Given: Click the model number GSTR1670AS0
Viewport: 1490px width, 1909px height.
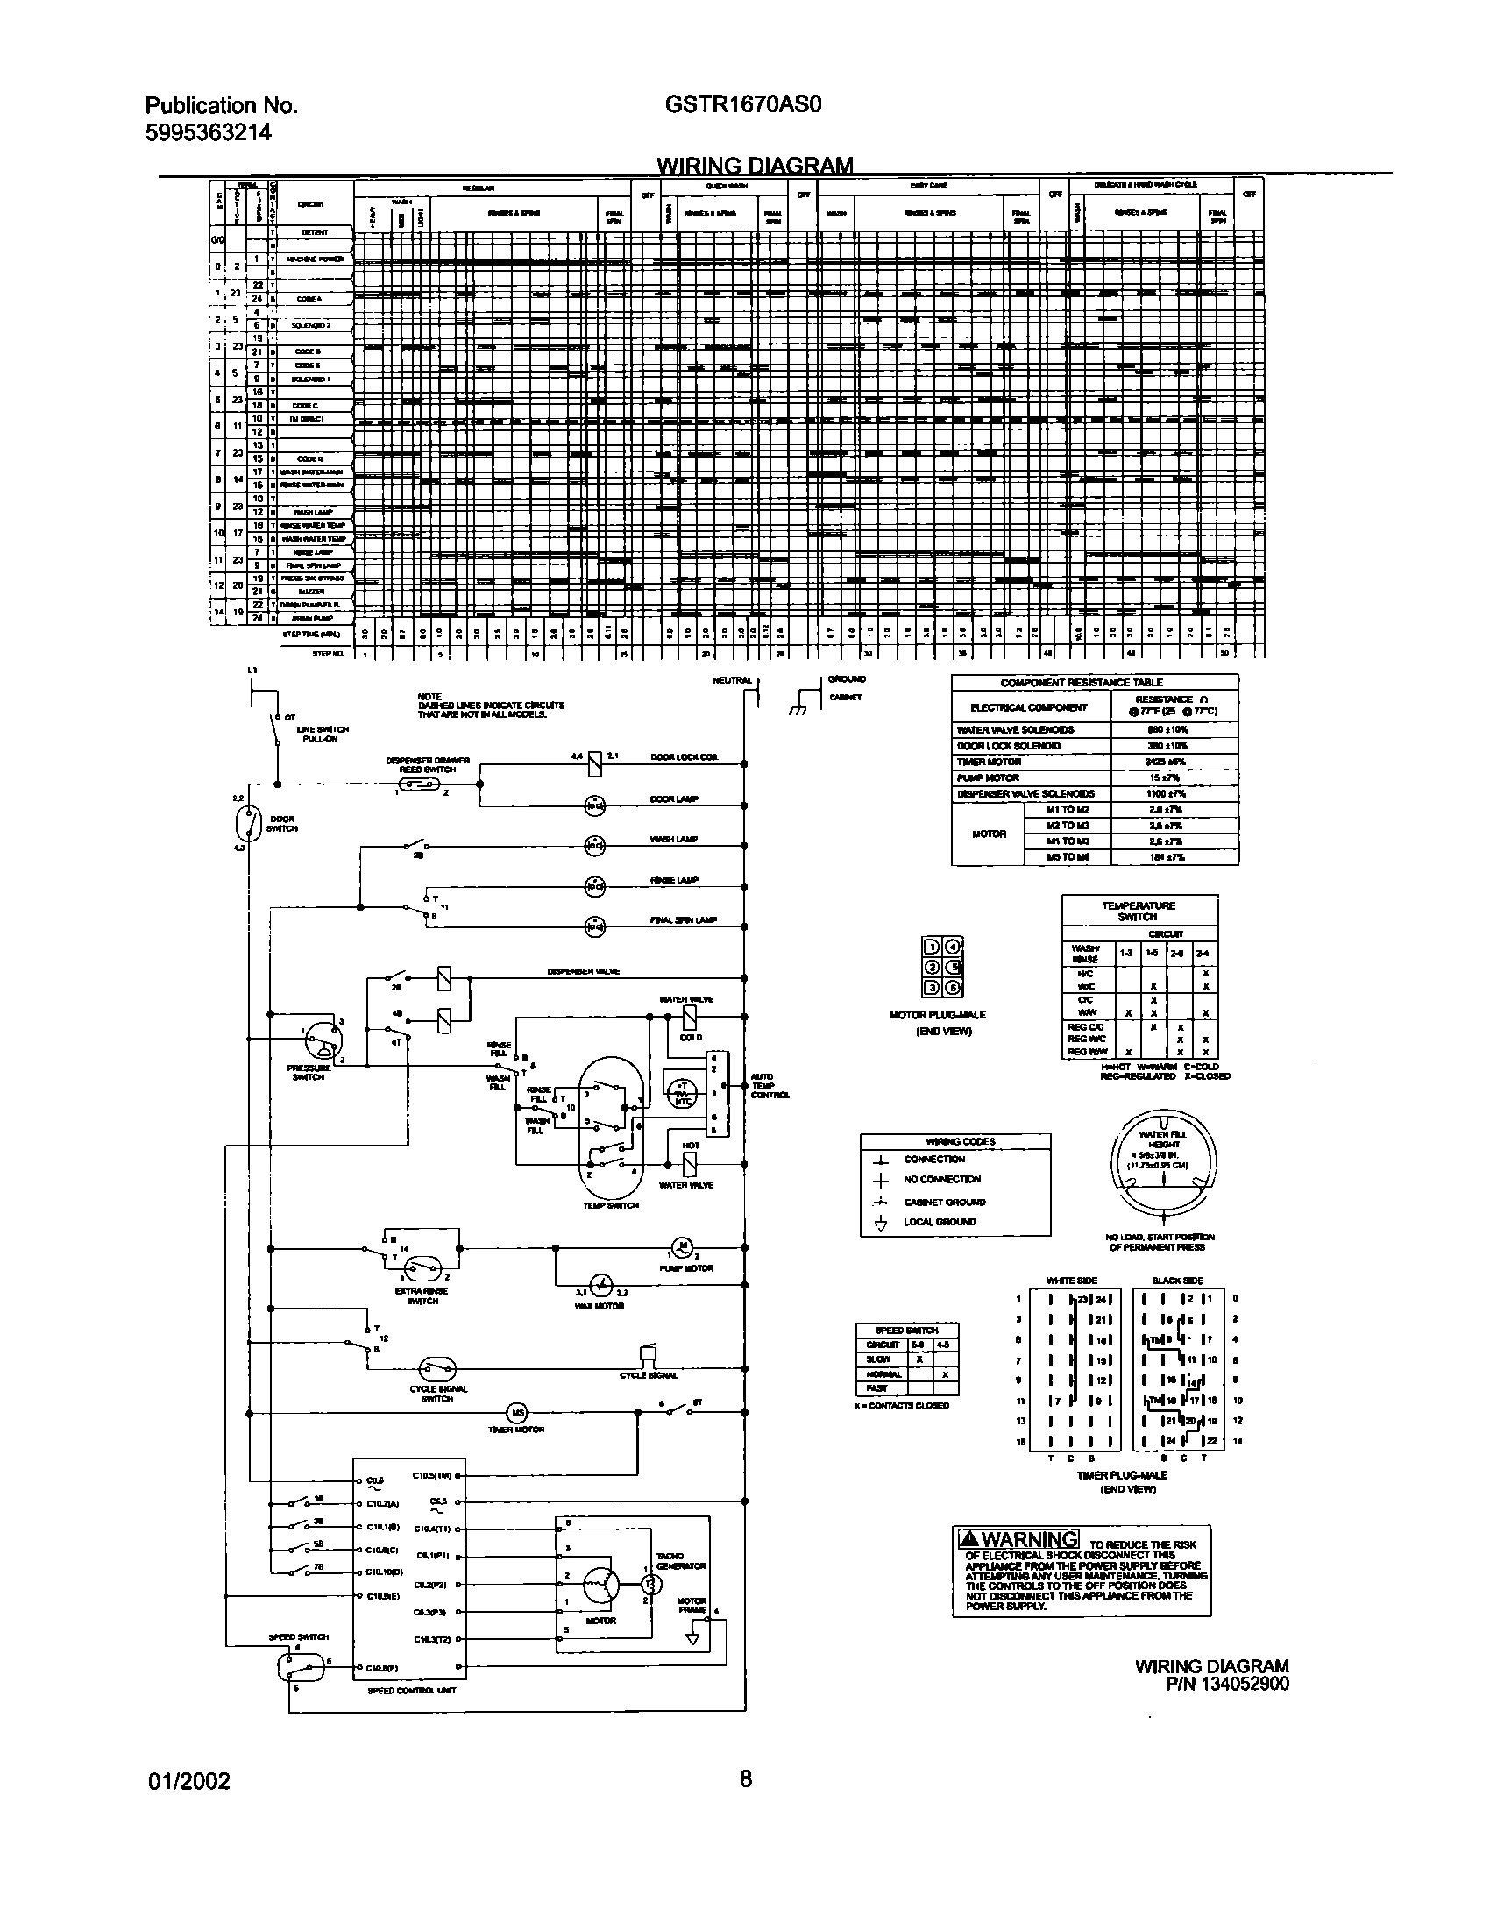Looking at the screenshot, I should (x=742, y=105).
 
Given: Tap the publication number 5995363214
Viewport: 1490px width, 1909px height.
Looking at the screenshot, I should (x=208, y=132).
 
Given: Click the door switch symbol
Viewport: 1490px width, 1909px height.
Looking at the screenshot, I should (x=249, y=825).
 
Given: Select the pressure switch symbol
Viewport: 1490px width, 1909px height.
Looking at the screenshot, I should (x=321, y=1042).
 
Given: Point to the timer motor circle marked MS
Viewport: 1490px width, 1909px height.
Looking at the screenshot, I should (x=517, y=1412).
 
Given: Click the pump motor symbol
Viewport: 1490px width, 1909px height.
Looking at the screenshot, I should (x=682, y=1246).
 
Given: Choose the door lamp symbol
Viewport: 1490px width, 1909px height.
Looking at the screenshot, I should (x=595, y=803).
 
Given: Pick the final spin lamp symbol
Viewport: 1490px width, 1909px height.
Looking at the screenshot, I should (x=595, y=924).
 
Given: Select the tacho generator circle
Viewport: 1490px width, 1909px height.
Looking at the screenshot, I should (x=649, y=1585).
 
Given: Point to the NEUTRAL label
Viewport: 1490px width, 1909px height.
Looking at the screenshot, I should (x=732, y=681).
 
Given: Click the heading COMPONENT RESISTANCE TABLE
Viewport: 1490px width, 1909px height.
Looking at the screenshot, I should (x=1094, y=683).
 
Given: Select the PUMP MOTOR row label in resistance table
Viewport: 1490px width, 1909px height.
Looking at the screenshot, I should (x=988, y=778).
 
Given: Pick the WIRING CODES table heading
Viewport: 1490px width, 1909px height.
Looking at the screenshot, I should (x=955, y=1142).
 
